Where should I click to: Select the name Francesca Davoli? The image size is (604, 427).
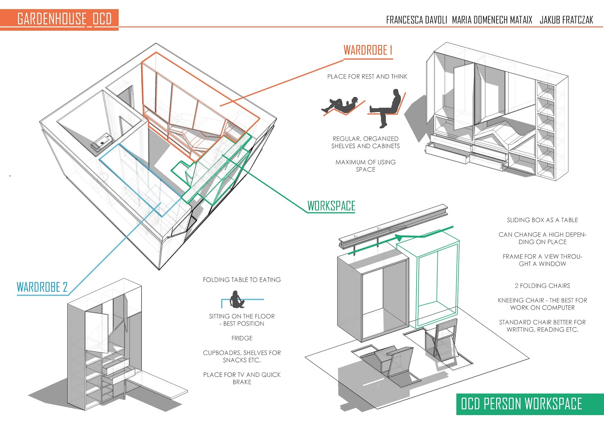click(416, 20)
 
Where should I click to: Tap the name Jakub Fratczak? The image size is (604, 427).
click(566, 20)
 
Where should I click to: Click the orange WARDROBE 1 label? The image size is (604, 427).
click(368, 50)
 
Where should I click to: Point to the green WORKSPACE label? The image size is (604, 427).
click(331, 206)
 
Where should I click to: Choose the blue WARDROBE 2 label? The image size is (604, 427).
click(42, 287)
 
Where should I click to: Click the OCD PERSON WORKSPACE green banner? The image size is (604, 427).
click(521, 404)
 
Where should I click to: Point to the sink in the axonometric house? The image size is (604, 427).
click(102, 143)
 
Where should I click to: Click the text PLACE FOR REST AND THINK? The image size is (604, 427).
click(367, 77)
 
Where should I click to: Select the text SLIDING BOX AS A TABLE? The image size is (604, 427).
click(542, 220)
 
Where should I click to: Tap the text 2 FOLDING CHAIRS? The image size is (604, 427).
click(542, 286)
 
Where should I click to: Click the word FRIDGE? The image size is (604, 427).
click(242, 338)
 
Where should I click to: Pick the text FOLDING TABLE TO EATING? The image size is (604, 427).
click(242, 280)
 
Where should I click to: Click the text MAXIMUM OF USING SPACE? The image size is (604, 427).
click(365, 166)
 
